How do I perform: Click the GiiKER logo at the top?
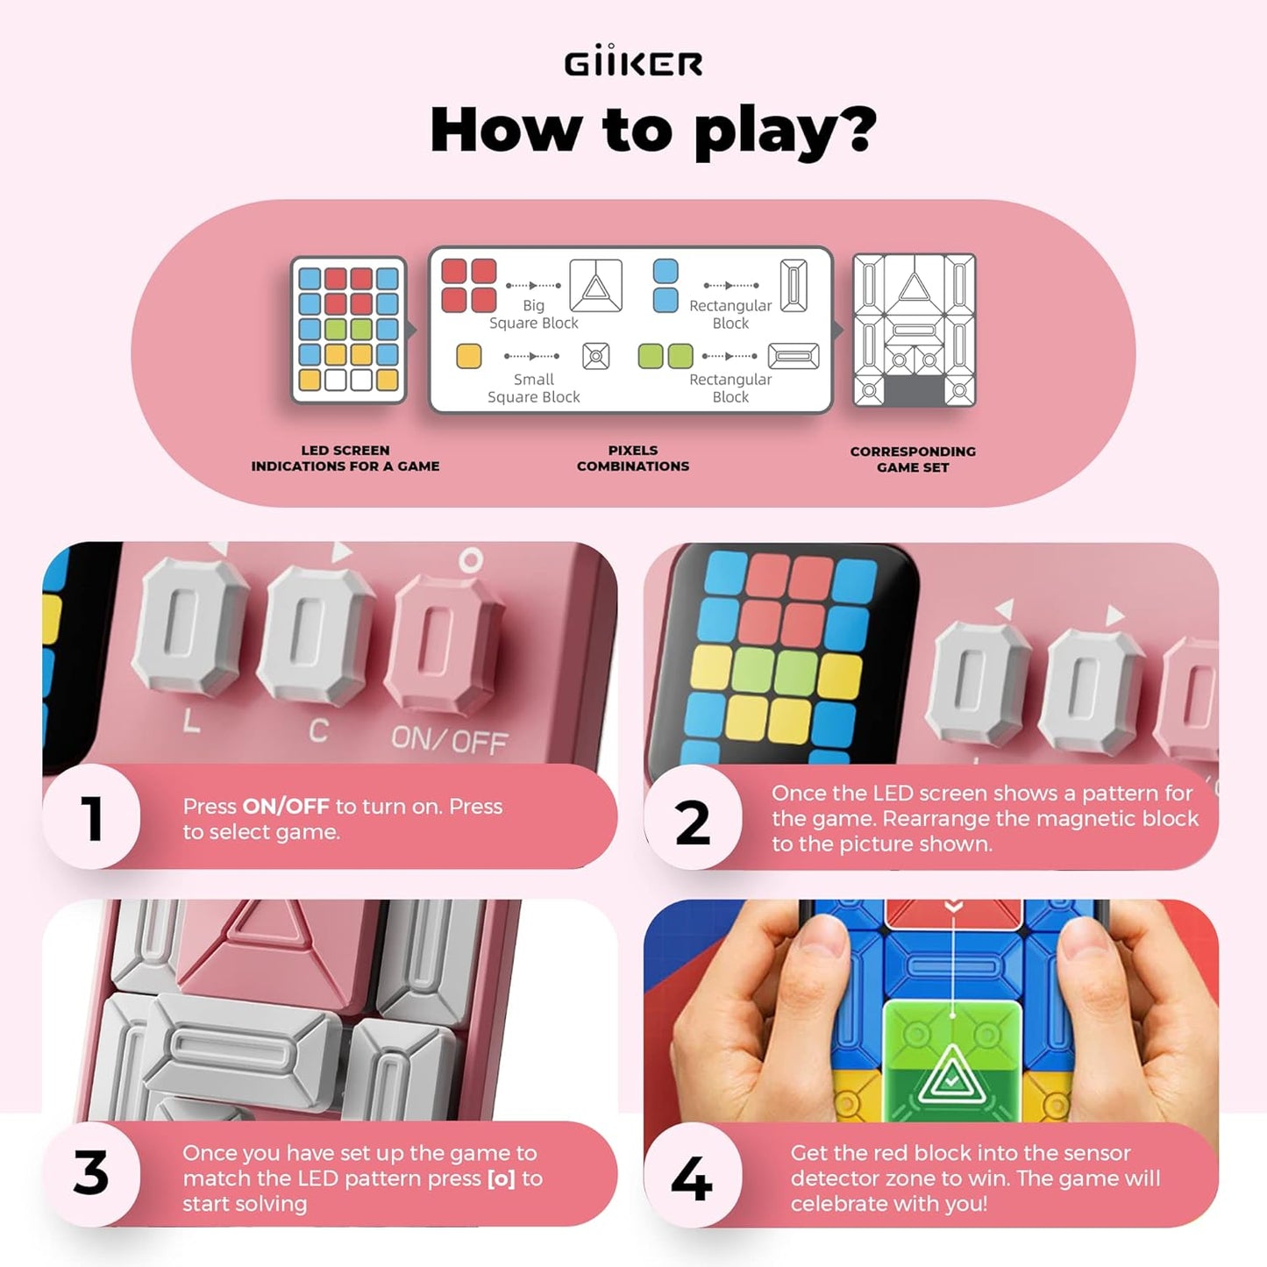[x=633, y=62]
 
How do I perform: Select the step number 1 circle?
[x=91, y=817]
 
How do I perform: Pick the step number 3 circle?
[x=91, y=1173]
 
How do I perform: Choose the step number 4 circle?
[x=693, y=1178]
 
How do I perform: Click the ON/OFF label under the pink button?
[x=449, y=741]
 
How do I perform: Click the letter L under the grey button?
[x=191, y=722]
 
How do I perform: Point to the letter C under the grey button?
[x=318, y=730]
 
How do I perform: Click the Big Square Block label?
[x=533, y=314]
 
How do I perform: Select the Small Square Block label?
[x=533, y=388]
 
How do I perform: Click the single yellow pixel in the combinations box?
[x=469, y=356]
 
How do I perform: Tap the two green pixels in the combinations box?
[x=666, y=356]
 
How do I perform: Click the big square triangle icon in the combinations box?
[x=596, y=285]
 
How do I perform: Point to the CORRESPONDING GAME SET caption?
[x=913, y=459]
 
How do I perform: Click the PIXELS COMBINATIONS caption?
[x=633, y=458]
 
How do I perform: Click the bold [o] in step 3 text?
[x=501, y=1178]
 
